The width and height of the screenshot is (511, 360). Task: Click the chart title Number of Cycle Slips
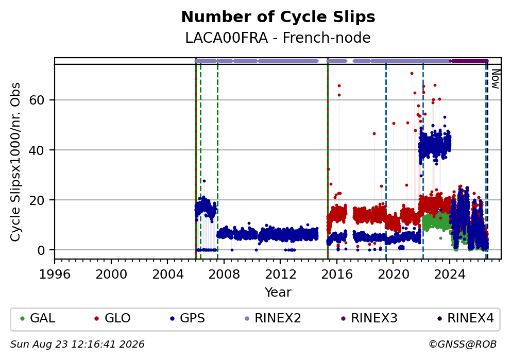[278, 17]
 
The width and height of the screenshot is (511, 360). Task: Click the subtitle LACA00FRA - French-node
[278, 38]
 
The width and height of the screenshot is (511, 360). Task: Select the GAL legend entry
[38, 318]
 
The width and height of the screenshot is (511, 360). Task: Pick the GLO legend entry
[112, 318]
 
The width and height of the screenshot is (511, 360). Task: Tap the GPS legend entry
[188, 318]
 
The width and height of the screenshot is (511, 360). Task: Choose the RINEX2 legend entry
[273, 318]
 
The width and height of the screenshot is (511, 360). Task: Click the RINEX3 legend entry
[369, 318]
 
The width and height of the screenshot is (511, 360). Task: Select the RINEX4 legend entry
[466, 318]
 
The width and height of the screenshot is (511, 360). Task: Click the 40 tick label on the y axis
[37, 150]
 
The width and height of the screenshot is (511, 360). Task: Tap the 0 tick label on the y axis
[41, 250]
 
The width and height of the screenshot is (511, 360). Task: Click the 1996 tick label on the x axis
[55, 275]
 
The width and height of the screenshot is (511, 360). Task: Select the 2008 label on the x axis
[224, 275]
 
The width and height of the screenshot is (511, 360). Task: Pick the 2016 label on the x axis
[337, 275]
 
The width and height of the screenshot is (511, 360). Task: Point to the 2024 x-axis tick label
[449, 275]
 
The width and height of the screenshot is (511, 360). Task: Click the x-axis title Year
[278, 292]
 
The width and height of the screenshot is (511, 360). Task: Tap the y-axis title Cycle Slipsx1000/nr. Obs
[15, 162]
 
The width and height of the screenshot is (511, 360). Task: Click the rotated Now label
[496, 79]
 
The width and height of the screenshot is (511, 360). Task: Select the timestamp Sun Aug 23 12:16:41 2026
[77, 345]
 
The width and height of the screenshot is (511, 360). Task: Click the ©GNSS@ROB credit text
[463, 345]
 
